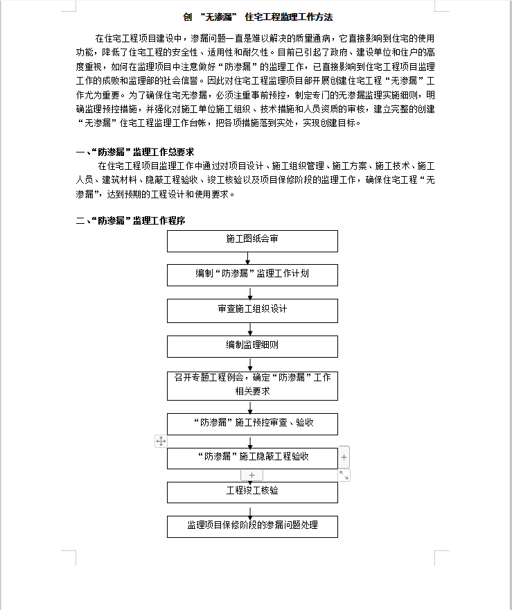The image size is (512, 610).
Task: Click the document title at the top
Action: pyautogui.click(x=253, y=17)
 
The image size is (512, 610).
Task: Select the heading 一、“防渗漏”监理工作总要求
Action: pyautogui.click(x=134, y=151)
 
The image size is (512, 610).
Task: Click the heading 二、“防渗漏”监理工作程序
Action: pyautogui.click(x=130, y=220)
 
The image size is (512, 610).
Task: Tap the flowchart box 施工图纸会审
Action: pyautogui.click(x=252, y=240)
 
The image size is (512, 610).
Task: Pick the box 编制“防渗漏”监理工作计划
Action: pyautogui.click(x=252, y=274)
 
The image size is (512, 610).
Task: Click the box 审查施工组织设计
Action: pyautogui.click(x=252, y=310)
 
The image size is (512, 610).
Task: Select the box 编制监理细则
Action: pyautogui.click(x=252, y=346)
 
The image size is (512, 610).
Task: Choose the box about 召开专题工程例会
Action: pyautogui.click(x=252, y=385)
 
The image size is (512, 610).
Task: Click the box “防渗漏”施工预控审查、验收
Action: pyautogui.click(x=252, y=423)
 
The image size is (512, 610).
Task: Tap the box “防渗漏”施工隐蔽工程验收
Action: pyautogui.click(x=252, y=458)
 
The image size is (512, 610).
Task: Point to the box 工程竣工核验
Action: pyautogui.click(x=252, y=491)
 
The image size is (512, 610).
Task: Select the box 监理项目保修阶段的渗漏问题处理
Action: pyautogui.click(x=252, y=525)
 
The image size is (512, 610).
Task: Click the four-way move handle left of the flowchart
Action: pyautogui.click(x=161, y=441)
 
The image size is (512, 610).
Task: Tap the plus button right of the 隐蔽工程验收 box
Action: pyautogui.click(x=344, y=458)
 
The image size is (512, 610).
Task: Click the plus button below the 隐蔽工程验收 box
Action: pyautogui.click(x=251, y=476)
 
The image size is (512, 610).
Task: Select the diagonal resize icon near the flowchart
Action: pyautogui.click(x=344, y=476)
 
